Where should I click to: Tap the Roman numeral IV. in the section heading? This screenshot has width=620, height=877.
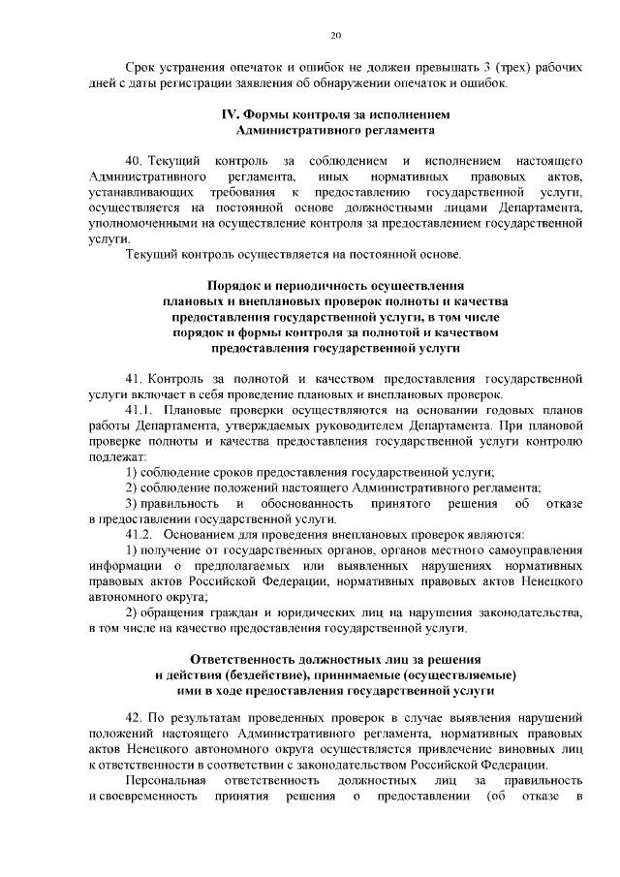[x=231, y=113]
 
